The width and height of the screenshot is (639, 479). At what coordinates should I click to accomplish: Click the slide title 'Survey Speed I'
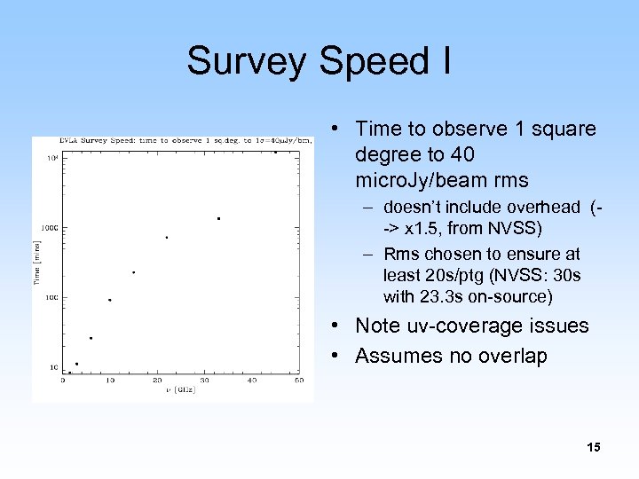pos(319,61)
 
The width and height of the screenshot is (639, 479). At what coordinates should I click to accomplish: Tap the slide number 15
pos(593,447)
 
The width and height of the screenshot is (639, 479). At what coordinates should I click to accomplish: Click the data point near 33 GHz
pos(218,218)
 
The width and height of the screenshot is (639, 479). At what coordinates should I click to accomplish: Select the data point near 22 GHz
pos(166,237)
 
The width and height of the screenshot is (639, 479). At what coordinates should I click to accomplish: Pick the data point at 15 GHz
pos(133,272)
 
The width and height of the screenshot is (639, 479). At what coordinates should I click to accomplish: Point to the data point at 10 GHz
pos(109,300)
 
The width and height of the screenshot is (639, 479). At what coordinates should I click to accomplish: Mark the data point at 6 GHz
pos(91,338)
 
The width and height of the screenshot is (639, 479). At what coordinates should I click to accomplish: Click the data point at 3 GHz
pos(76,364)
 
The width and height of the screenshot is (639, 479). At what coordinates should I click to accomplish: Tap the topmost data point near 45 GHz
pos(275,152)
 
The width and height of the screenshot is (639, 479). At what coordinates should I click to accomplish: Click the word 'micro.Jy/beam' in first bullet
pos(414,181)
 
